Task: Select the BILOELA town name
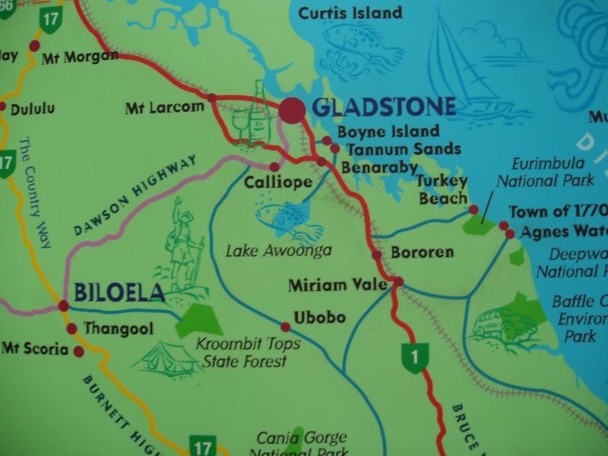coord(119,293)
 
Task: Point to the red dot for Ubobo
coord(285,327)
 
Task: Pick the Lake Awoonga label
coord(279,250)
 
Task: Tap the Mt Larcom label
coord(165,108)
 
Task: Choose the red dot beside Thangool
coord(71,329)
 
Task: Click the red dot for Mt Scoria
coord(78,351)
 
